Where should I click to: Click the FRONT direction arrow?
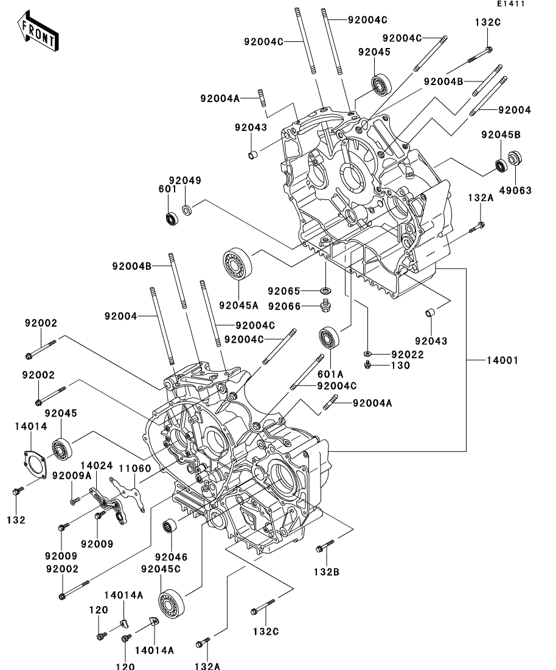coord(38,32)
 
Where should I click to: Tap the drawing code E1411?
coord(510,4)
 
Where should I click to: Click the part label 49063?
coord(515,191)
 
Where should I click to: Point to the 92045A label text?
coord(239,306)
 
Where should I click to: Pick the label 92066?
coord(284,306)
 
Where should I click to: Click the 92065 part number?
coord(284,291)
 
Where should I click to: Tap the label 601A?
coord(330,374)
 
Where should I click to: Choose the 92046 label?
coord(171,557)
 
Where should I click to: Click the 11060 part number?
coord(135,468)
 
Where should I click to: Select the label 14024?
coord(97,465)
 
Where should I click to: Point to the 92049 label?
coord(185,180)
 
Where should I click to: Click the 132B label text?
coord(327,572)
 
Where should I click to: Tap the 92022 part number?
coord(408,355)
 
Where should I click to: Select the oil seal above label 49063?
coord(515,159)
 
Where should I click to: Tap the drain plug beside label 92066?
coord(325,306)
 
